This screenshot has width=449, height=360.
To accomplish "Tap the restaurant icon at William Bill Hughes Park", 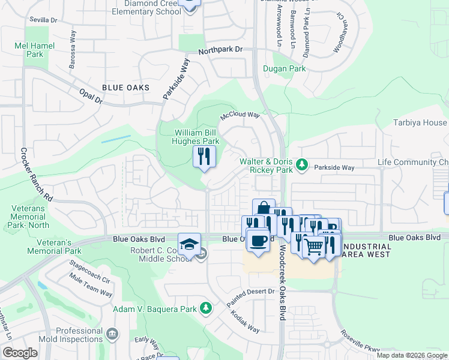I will pos(204,157).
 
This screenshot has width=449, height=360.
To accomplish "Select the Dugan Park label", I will pos(285,69).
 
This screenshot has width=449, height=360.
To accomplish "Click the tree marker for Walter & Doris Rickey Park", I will pos(303,163).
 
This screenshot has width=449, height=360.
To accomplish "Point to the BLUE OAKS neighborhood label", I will pos(125,88).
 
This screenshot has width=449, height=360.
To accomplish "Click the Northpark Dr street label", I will pos(220,51).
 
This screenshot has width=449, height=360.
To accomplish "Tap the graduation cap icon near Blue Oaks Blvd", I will pos(189,245).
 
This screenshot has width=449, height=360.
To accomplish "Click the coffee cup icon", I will pos(258,241).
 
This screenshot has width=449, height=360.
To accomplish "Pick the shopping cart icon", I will pos(314,246).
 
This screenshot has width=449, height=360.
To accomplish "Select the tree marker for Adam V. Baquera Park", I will pos(206,308).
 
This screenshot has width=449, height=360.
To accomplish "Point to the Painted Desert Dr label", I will pos(250,298).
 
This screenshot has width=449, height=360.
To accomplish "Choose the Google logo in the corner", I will pos(20,352).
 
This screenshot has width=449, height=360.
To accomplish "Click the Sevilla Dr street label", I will pos(43,20).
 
